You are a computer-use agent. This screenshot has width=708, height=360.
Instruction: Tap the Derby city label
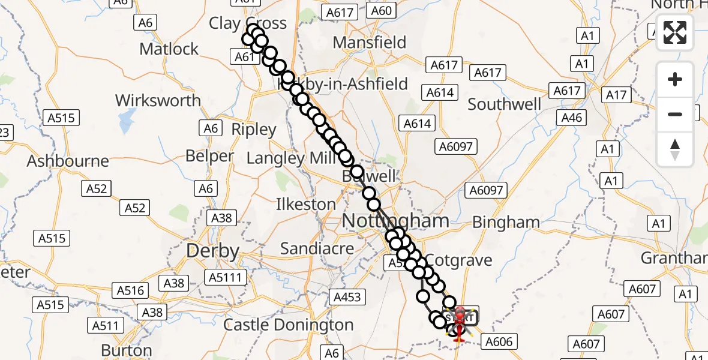(x=213, y=250)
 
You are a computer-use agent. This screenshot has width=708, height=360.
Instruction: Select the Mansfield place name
(x=369, y=43)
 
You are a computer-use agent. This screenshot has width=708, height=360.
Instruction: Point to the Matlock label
(x=169, y=49)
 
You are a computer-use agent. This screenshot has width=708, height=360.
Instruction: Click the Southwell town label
(x=504, y=104)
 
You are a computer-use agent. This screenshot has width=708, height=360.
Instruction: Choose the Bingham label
(x=506, y=222)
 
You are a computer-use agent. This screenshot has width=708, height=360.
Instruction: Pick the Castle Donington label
(x=288, y=325)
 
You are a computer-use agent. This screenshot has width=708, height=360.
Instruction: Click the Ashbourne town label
(x=68, y=161)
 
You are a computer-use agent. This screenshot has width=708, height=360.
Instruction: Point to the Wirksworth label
(x=158, y=100)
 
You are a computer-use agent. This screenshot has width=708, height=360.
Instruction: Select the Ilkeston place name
(x=305, y=204)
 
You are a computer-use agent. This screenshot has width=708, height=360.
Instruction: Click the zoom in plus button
(x=675, y=80)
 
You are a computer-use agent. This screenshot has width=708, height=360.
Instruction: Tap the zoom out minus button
(x=675, y=114)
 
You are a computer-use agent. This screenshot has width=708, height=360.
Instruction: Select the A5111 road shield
(x=225, y=277)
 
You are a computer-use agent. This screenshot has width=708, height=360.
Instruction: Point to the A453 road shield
(x=347, y=296)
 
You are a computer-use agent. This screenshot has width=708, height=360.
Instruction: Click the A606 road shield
(x=499, y=342)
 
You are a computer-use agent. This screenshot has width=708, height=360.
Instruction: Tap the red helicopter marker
(x=459, y=325)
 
